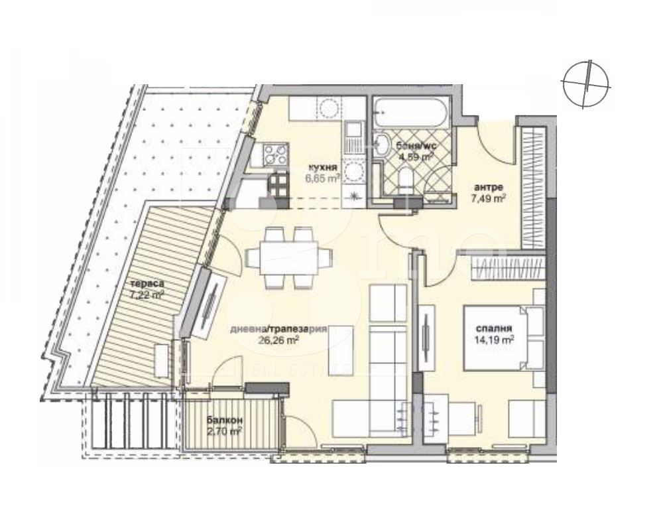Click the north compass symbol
pyautogui.click(x=586, y=83)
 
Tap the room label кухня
pyautogui.click(x=323, y=168)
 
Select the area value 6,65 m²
pyautogui.click(x=324, y=178)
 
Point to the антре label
pyautogui.click(x=491, y=186)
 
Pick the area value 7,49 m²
pyautogui.click(x=491, y=197)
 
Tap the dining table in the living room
pyautogui.click(x=288, y=258)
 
